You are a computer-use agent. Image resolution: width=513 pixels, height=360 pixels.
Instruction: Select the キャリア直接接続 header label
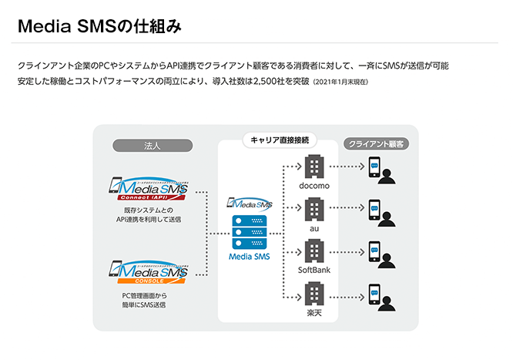coord(280,140)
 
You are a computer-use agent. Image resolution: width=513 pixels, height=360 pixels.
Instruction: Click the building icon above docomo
coord(314,166)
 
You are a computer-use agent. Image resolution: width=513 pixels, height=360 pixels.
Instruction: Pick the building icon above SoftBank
coord(314,251)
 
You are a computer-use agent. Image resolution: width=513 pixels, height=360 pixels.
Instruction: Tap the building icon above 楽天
coord(314,294)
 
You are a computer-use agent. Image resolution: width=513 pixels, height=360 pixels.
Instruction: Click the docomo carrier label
coord(314,186)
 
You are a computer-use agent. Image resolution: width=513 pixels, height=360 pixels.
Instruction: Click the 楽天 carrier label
coord(314,313)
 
